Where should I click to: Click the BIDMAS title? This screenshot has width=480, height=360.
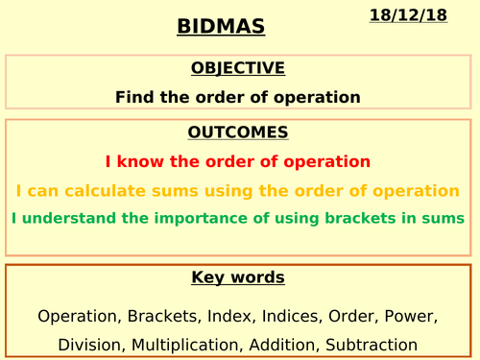tap(221, 26)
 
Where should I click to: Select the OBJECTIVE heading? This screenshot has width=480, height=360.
tap(238, 68)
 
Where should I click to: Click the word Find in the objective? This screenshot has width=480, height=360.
tap(133, 97)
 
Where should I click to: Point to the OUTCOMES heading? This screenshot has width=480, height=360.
tap(238, 132)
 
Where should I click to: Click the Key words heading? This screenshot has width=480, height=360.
tap(238, 278)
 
